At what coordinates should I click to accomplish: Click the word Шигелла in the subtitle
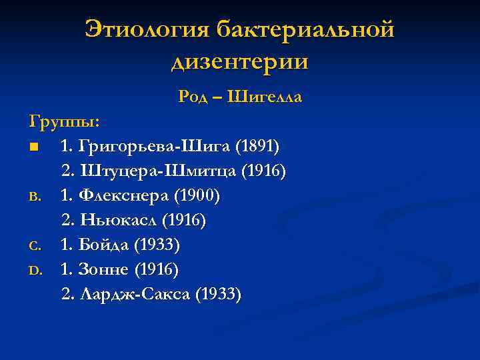coord(265,97)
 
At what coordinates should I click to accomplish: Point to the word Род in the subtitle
coord(193,97)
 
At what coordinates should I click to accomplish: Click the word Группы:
coord(65,122)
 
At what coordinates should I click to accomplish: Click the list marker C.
coord(35,246)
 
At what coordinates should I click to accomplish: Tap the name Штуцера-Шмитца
coord(158,171)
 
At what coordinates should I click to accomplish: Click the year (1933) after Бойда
coord(157,245)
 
